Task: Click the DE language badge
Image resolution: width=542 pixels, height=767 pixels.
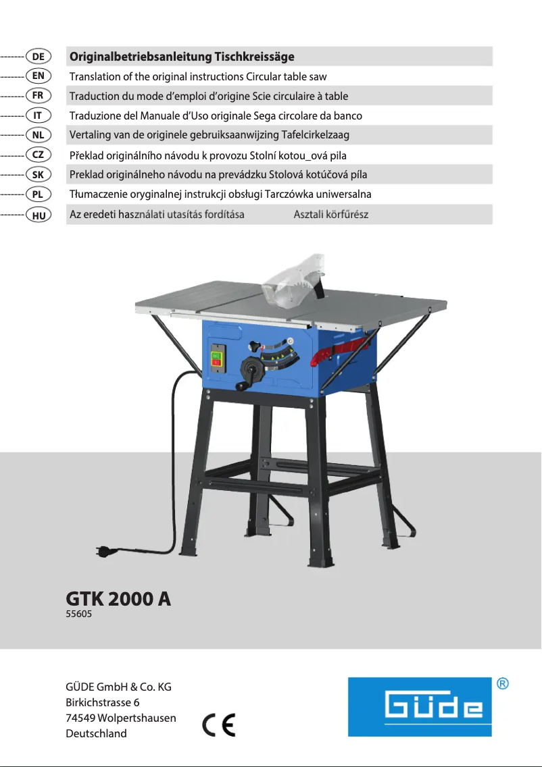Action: click(39, 56)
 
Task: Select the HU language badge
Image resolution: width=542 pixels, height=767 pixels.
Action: click(39, 215)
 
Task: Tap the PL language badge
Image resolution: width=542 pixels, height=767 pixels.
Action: click(39, 194)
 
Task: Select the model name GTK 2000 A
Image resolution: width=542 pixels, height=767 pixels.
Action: click(118, 599)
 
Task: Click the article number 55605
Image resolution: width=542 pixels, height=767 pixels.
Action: click(78, 615)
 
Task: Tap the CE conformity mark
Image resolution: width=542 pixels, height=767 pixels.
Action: click(218, 725)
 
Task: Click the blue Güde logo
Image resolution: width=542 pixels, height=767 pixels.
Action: click(420, 707)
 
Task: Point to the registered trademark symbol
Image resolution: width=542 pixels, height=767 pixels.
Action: click(503, 684)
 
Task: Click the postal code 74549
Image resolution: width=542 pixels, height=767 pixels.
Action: click(80, 718)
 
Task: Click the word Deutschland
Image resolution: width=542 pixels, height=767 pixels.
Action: click(96, 733)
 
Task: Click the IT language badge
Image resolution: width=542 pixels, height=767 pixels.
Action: click(39, 115)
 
